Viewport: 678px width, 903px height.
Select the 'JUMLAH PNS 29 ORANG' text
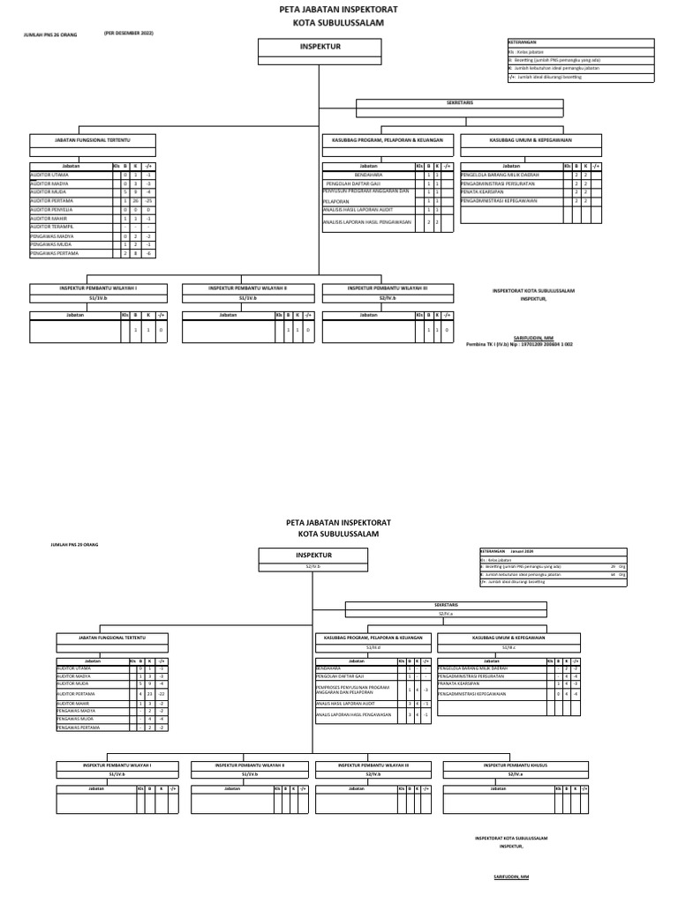coord(75,546)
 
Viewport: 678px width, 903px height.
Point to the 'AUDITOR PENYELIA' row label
coord(52,210)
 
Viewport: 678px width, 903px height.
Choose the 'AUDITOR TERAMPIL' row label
coord(52,227)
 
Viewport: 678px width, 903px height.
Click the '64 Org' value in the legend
coord(614,574)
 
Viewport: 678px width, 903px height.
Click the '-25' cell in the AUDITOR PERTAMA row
coord(149,201)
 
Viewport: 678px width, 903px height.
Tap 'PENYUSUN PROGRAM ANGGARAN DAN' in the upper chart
coord(366,192)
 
